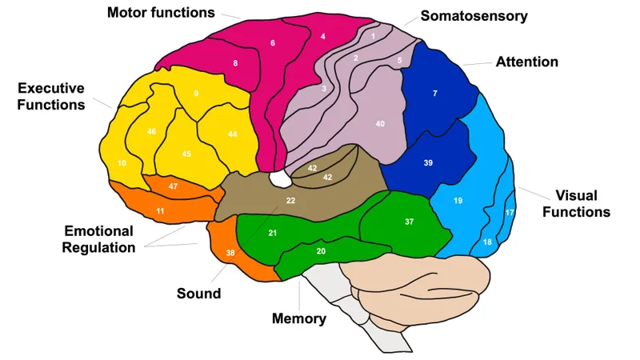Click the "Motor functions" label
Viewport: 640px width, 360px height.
[x=162, y=13]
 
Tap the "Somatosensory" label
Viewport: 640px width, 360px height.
[x=474, y=15]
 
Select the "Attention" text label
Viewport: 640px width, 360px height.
[x=526, y=62]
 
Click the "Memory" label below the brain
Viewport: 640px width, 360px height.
[x=299, y=318]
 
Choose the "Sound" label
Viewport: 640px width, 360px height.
[x=198, y=294]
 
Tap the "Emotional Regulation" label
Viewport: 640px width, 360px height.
[x=98, y=239]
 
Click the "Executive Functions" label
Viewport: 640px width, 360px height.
[x=50, y=96]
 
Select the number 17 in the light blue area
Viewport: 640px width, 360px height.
[x=510, y=213]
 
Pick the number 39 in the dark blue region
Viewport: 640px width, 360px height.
[x=428, y=163]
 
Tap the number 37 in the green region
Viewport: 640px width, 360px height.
[x=409, y=221]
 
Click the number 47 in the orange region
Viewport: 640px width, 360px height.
[x=173, y=186]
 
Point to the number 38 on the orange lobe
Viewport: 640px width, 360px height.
[x=230, y=252]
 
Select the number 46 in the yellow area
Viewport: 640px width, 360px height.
[x=151, y=131]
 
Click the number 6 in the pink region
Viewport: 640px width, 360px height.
[x=273, y=42]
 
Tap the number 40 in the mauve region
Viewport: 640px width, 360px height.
[x=380, y=124]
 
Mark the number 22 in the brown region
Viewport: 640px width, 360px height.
[x=291, y=200]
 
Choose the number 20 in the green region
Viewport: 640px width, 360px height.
[x=321, y=251]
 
